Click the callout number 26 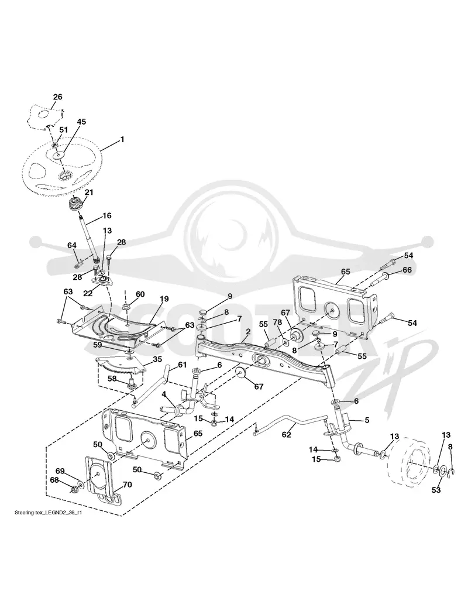tap(57, 97)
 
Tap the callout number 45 tap(81, 122)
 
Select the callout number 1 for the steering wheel tap(122, 139)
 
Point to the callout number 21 tap(88, 192)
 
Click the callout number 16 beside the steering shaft tap(106, 216)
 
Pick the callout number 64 tap(72, 245)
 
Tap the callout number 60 tap(140, 294)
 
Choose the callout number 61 tap(182, 365)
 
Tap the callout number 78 tap(288, 323)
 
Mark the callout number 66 tap(407, 270)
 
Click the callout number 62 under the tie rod tap(286, 434)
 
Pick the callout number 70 tap(127, 485)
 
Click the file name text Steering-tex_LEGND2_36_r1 tap(48, 513)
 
